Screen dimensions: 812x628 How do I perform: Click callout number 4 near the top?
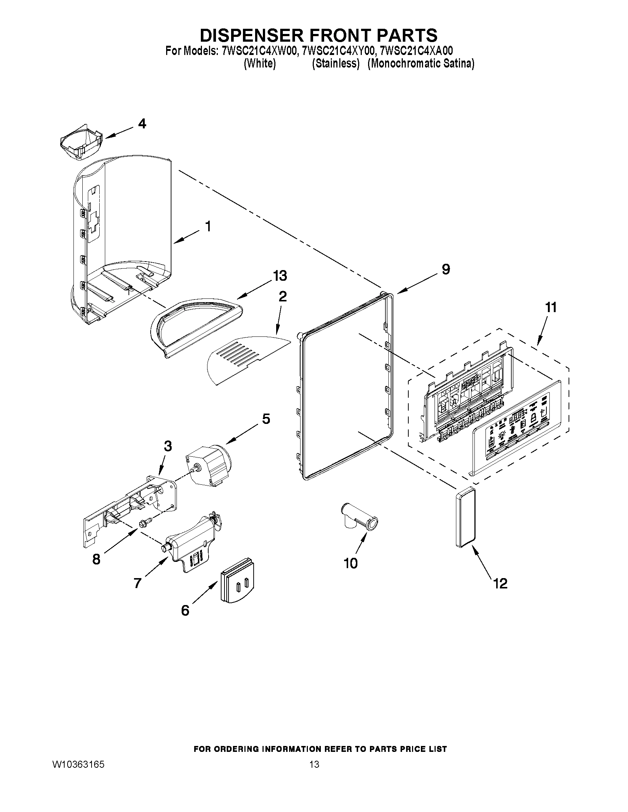point(142,124)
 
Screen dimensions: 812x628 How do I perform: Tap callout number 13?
point(280,276)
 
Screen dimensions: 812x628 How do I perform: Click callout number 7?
point(138,583)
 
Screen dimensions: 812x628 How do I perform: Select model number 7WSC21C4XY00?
point(337,51)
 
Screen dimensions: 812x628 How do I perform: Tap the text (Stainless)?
point(336,63)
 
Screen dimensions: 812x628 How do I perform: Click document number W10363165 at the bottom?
point(78,764)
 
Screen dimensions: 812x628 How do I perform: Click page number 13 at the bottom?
point(314,764)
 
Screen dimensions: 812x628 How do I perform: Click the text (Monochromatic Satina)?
point(421,63)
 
